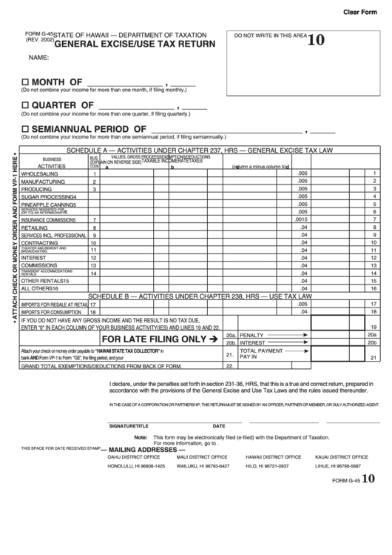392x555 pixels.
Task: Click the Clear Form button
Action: coord(362,13)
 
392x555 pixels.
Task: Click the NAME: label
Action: coord(38,57)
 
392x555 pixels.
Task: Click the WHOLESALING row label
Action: coord(43,173)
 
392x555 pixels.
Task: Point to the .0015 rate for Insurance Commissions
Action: coord(300,220)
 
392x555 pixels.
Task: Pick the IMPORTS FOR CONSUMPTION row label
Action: coord(51,312)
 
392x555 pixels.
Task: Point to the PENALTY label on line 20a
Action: coord(252,335)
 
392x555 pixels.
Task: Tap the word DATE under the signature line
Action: coord(219,426)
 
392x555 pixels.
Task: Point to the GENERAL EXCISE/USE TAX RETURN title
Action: coord(135,44)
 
